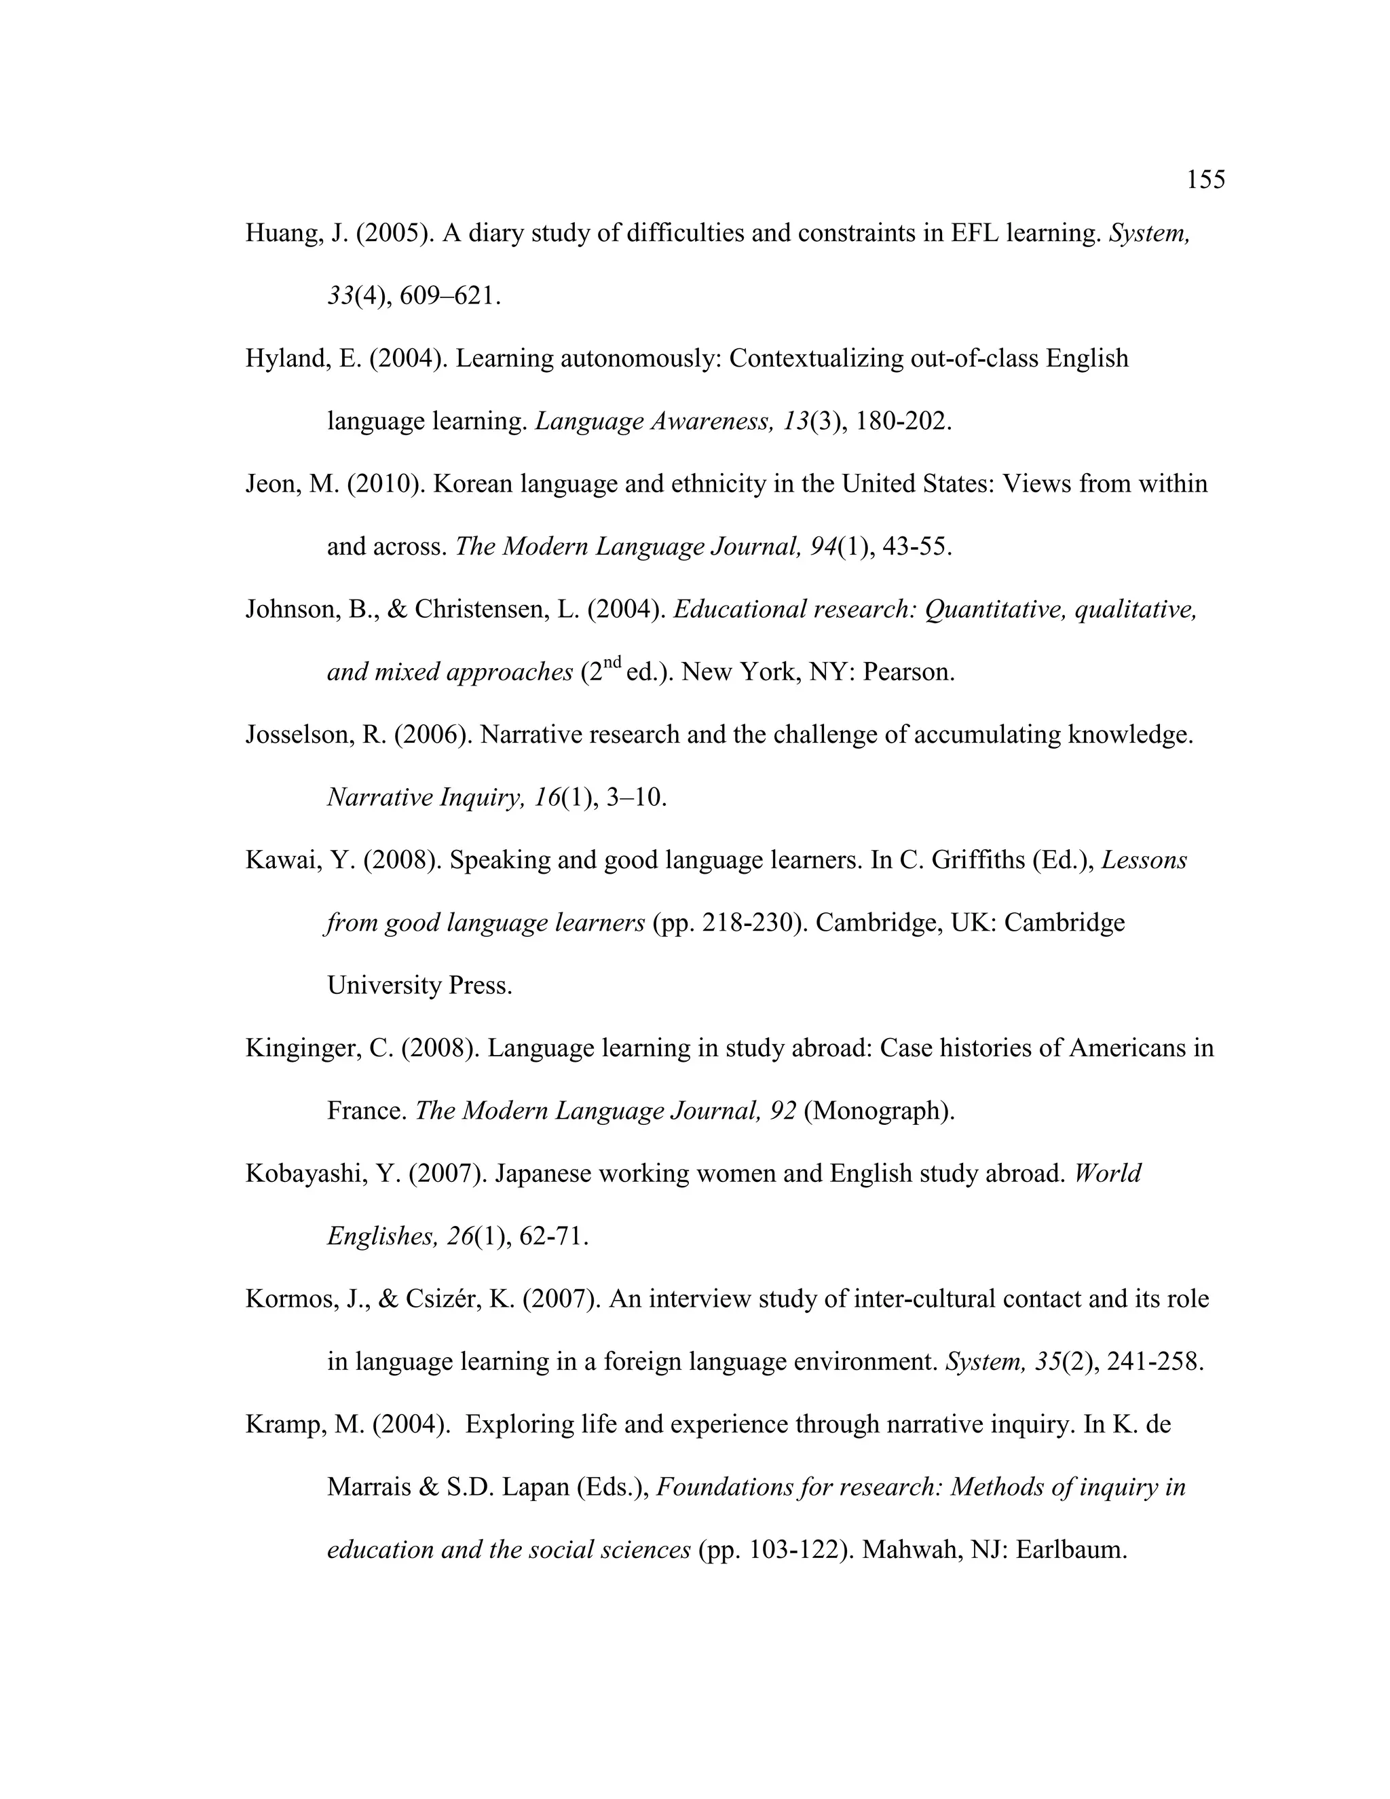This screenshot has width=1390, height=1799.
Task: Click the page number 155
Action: point(1205,180)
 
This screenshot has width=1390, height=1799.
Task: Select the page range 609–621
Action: point(449,297)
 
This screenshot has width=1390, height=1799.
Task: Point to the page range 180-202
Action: point(903,422)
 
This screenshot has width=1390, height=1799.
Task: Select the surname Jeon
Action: point(271,484)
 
